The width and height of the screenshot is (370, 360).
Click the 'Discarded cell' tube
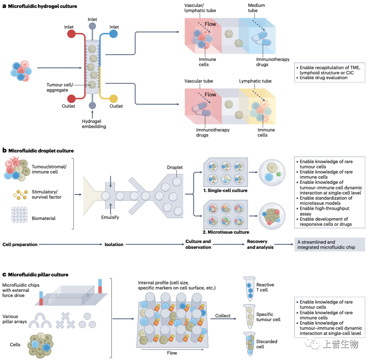(249, 343)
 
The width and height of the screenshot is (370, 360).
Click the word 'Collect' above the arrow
(222, 316)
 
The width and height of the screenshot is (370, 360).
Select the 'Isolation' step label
(114, 244)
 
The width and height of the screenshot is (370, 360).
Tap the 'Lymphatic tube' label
(256, 81)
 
